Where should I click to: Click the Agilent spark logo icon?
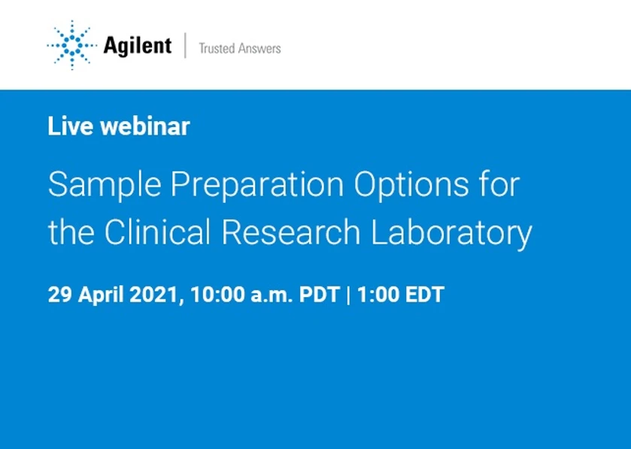(71, 46)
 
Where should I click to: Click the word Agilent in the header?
(137, 46)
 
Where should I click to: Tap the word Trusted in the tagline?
(216, 49)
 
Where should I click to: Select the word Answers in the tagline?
(259, 49)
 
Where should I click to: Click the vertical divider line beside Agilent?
(185, 46)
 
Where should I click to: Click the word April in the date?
(102, 295)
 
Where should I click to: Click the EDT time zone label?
(425, 294)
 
